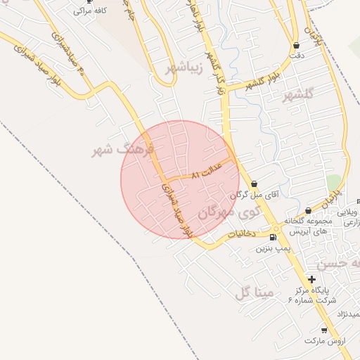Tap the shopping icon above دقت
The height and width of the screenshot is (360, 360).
tap(296, 46)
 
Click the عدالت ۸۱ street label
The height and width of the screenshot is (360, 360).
tap(207, 172)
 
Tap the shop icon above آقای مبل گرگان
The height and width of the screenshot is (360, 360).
tap(254, 183)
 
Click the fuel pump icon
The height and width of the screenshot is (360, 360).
tap(273, 238)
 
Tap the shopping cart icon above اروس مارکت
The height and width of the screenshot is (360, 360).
tap(324, 330)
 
